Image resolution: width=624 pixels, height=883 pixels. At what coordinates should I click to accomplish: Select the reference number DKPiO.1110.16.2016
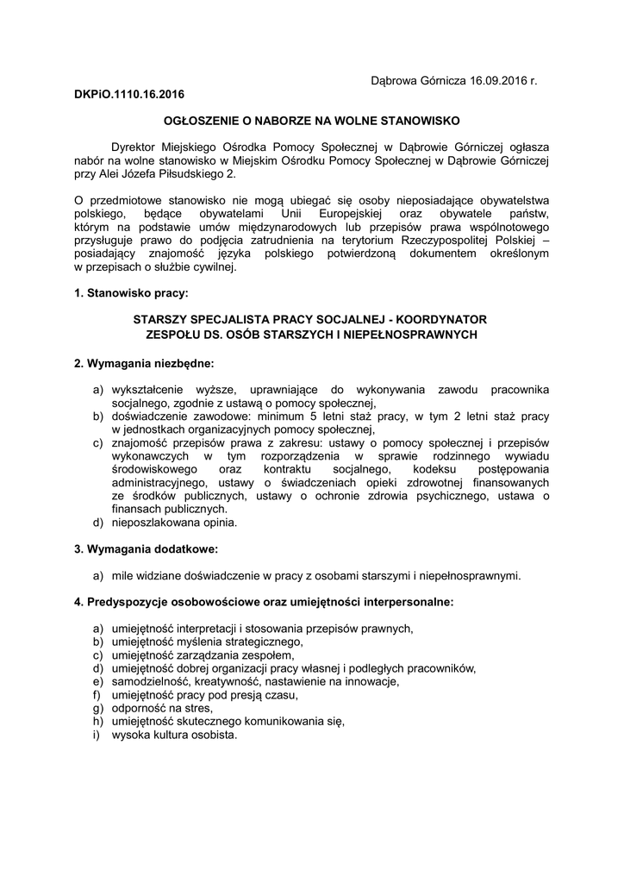(x=129, y=93)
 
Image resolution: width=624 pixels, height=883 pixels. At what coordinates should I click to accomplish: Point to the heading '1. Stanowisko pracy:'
(x=129, y=294)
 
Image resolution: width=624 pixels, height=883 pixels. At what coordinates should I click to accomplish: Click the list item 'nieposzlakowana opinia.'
(x=168, y=522)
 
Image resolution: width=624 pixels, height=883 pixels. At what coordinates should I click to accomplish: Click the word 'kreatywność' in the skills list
(x=218, y=682)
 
